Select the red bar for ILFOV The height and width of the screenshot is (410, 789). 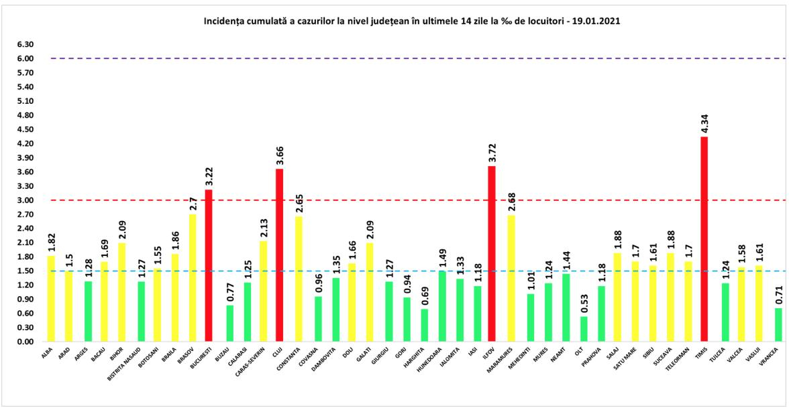492,254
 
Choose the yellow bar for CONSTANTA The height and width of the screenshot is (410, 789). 297,279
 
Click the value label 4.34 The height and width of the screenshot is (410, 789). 704,125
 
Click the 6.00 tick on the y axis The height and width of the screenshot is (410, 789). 25,59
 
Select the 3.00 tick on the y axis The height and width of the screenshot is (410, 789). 25,200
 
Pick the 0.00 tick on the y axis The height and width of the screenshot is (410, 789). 25,342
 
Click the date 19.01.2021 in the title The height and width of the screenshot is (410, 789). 595,21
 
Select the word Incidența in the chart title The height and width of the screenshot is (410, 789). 225,21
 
